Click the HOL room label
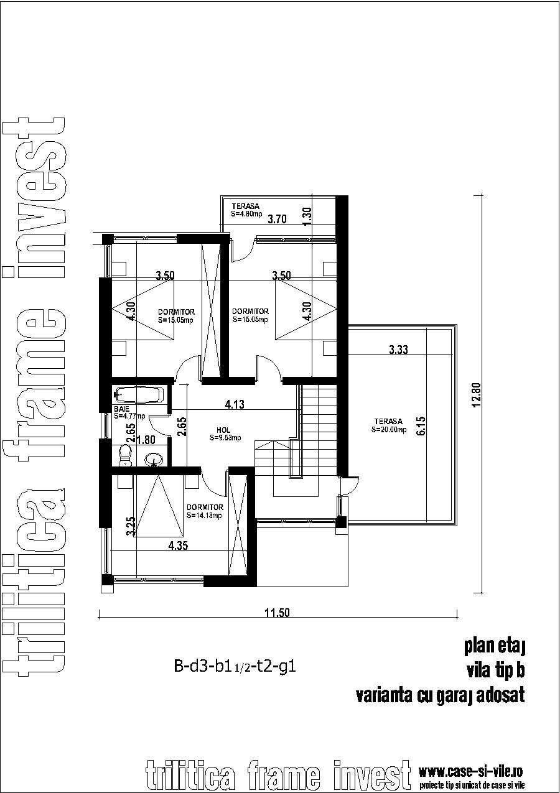pyautogui.click(x=223, y=430)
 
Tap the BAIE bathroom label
pyautogui.click(x=121, y=409)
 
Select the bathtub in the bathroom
pyautogui.click(x=140, y=394)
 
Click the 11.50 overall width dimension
pyautogui.click(x=277, y=613)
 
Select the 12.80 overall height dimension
pyautogui.click(x=477, y=394)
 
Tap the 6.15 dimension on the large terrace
pyautogui.click(x=421, y=426)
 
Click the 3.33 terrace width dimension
pyautogui.click(x=398, y=350)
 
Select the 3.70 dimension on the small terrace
pyautogui.click(x=277, y=218)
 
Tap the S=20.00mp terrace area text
pyautogui.click(x=389, y=429)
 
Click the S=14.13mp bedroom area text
pyautogui.click(x=204, y=515)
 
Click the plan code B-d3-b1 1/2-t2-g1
pyautogui.click(x=235, y=668)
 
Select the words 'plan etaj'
pyautogui.click(x=495, y=646)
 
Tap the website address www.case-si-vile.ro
pyautogui.click(x=470, y=772)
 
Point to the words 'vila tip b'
pyautogui.click(x=495, y=670)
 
